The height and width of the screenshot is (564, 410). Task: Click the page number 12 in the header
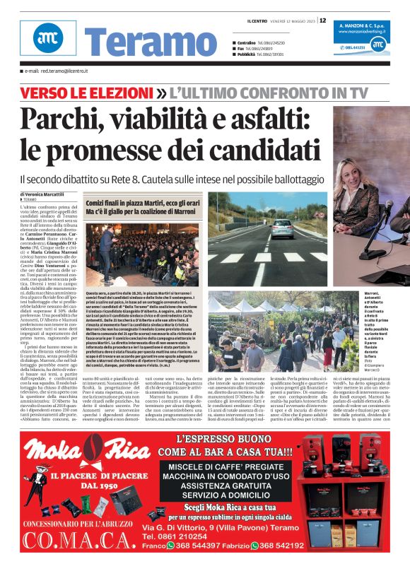[x=322, y=20]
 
